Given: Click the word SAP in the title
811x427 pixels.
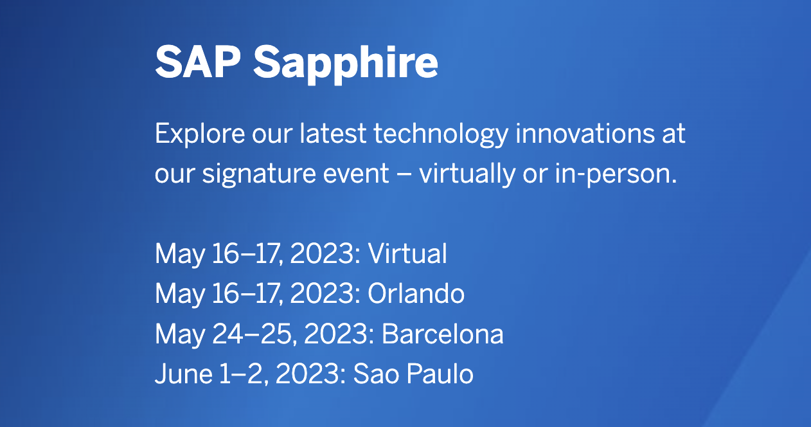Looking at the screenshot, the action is pyautogui.click(x=198, y=62).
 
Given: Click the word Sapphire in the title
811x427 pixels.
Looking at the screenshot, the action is pyautogui.click(x=345, y=64).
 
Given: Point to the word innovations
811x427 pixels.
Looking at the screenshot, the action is pyautogui.click(x=585, y=133).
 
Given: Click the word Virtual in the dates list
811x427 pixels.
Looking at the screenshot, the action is pyautogui.click(x=407, y=253).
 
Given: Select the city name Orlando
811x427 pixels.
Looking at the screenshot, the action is pyautogui.click(x=416, y=293).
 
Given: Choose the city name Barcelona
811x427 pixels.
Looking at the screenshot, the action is pyautogui.click(x=442, y=333).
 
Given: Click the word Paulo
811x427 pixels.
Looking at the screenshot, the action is pyautogui.click(x=440, y=374).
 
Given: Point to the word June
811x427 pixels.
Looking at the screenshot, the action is pyautogui.click(x=184, y=374).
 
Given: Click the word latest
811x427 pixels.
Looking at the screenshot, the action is pyautogui.click(x=333, y=134).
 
